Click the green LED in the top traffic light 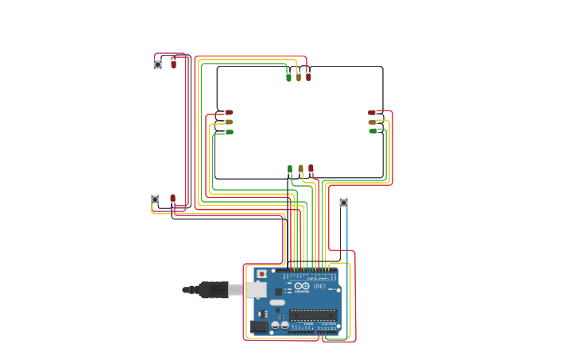pos(288,77)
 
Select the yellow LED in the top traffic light pos(299,77)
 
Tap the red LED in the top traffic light pos(308,77)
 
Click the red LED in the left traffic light pos(229,113)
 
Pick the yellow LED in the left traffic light pos(229,122)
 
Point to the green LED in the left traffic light pos(229,132)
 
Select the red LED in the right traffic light pos(372,113)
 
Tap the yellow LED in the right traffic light pos(372,122)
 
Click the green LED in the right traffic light pos(372,131)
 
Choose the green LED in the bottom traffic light pos(290,168)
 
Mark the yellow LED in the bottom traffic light pos(300,168)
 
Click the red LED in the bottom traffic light pos(311,168)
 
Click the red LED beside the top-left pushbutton pos(173,62)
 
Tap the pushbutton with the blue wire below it pos(343,203)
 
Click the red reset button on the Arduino pos(261,273)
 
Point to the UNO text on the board pos(319,287)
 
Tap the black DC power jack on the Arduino pos(258,326)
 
